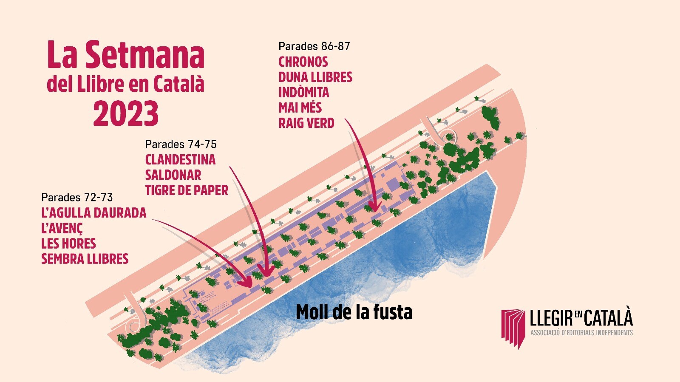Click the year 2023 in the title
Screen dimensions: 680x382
tap(126, 113)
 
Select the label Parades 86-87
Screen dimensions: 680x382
tap(314, 46)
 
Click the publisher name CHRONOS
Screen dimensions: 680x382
tap(303, 62)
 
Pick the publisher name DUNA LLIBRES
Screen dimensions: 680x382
tap(315, 77)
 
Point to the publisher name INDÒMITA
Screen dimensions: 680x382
tap(304, 92)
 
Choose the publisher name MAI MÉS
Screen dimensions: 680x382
tap(300, 108)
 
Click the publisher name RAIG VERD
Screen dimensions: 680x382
tap(306, 123)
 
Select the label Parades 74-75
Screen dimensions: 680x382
tap(181, 144)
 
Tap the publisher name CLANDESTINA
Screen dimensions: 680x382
tap(180, 160)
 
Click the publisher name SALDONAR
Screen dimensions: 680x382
tap(173, 175)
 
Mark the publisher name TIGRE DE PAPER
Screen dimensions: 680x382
tap(187, 190)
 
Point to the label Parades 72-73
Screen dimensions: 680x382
tap(77, 198)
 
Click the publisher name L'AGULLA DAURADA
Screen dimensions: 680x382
tap(94, 213)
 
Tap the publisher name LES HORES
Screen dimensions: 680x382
tap(68, 243)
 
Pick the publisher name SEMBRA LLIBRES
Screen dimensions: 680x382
tap(85, 259)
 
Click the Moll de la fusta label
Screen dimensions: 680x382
tap(354, 312)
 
